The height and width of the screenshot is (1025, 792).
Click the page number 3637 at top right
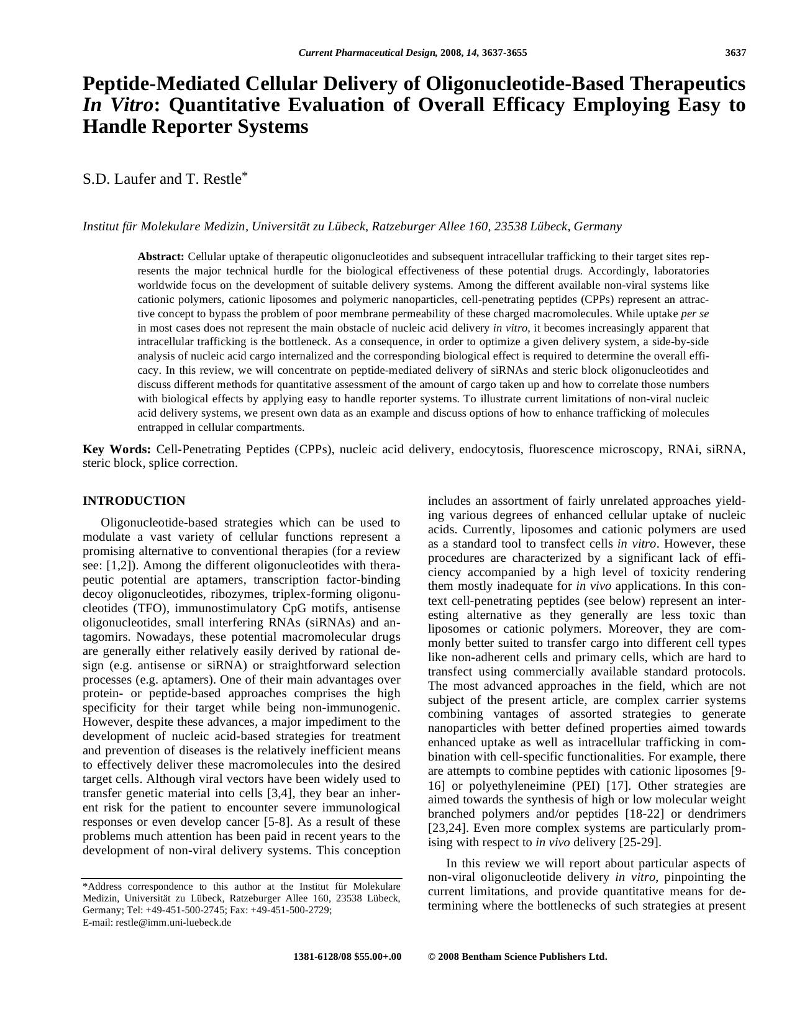tap(735, 53)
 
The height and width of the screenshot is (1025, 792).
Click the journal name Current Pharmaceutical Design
tap(367, 53)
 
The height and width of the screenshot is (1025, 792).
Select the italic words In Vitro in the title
tap(117, 105)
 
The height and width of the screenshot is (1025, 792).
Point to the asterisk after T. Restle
tap(245, 175)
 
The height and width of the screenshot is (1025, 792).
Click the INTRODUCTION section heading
tap(134, 500)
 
